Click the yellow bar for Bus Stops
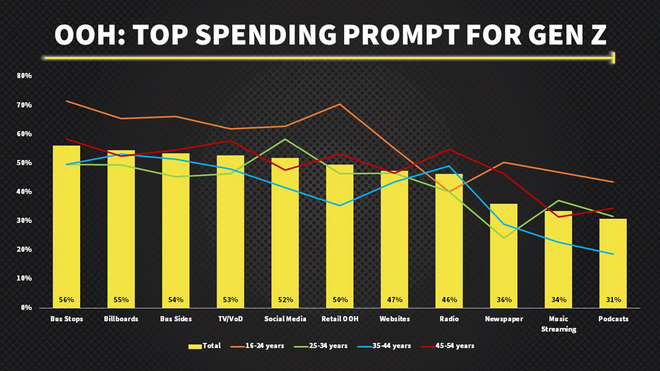click(66, 225)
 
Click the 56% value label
click(66, 300)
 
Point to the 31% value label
click(613, 300)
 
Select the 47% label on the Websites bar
click(394, 300)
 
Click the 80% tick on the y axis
click(24, 76)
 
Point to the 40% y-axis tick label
click(24, 192)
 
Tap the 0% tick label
click(26, 308)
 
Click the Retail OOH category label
click(340, 319)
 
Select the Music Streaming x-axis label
click(558, 323)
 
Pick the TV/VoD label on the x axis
click(230, 319)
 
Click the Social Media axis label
click(285, 319)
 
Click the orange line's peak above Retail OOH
click(340, 104)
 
